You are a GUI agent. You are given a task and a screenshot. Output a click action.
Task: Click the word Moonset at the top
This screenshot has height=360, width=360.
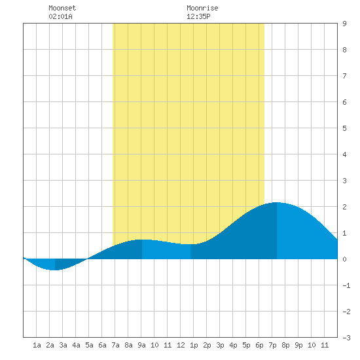tap(62, 8)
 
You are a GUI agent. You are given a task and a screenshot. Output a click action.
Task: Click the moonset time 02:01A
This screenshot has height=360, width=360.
tap(60, 16)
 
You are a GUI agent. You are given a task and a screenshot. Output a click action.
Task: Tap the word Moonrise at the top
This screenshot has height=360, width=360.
tap(202, 8)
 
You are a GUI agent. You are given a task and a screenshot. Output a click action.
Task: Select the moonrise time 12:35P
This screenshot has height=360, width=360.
tap(198, 16)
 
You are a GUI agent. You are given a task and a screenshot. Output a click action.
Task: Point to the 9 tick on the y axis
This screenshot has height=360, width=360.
tap(344, 24)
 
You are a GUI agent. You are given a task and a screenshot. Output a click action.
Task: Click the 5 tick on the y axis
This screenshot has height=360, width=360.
tap(344, 128)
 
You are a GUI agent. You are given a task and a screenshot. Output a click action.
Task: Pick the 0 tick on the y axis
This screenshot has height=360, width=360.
tap(344, 259)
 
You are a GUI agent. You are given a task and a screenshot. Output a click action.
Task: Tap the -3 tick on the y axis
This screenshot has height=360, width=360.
tap(346, 338)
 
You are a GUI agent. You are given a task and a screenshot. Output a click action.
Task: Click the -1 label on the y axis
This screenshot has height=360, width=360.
tap(346, 285)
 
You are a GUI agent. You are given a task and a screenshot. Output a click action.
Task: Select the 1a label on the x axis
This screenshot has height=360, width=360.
tap(37, 345)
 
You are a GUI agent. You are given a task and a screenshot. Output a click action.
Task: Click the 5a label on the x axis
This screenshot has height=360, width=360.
tap(89, 345)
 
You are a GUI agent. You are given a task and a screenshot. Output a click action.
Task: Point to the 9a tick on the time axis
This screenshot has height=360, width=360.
tap(141, 345)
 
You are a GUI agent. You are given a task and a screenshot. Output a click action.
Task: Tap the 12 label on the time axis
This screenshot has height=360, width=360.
tap(181, 345)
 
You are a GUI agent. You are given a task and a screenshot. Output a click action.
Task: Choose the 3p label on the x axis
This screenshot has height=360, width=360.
tap(220, 345)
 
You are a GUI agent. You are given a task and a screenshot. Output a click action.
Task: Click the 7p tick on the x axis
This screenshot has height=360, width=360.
tap(272, 345)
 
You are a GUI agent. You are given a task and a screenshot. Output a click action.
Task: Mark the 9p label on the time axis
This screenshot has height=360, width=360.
tap(298, 345)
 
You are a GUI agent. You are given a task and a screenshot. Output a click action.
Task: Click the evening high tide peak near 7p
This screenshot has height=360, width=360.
tap(277, 202)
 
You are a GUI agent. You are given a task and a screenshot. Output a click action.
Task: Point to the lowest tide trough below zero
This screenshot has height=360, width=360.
tap(54, 270)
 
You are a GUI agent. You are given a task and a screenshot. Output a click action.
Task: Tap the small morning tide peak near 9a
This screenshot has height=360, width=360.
tap(142, 240)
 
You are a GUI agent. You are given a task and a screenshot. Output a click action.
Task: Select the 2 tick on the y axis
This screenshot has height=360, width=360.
tap(344, 207)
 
